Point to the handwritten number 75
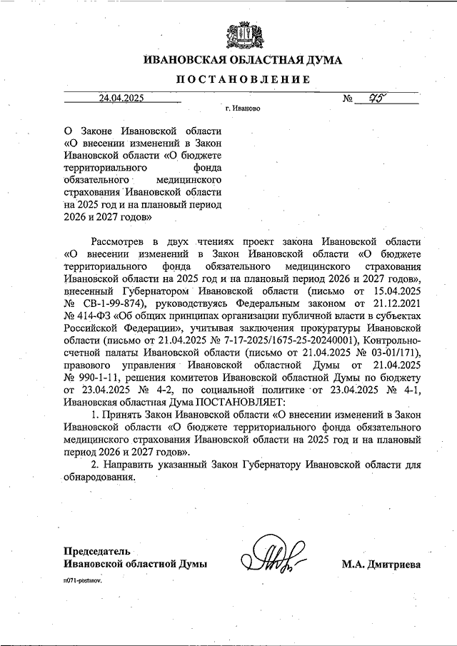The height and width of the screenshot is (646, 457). [386, 98]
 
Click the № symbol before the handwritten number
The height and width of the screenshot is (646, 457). [350, 100]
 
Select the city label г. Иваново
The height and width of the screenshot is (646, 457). [242, 111]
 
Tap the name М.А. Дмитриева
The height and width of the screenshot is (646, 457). [382, 564]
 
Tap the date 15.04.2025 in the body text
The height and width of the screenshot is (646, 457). [396, 291]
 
